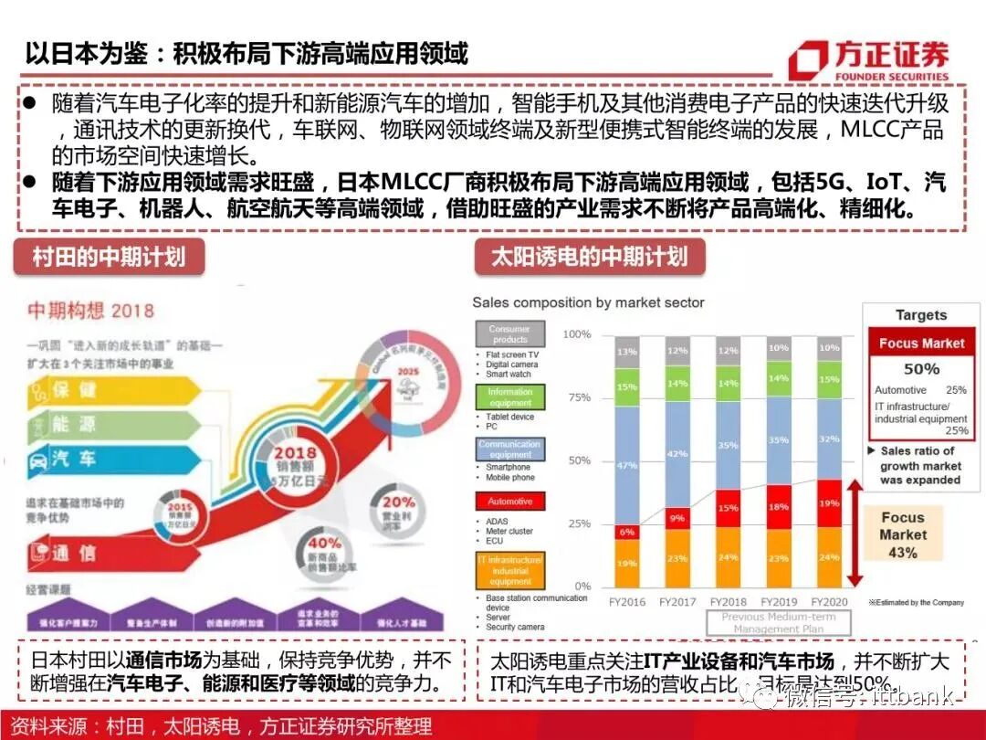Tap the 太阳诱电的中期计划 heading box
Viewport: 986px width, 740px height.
(x=590, y=257)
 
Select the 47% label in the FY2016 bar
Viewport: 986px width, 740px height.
(x=626, y=465)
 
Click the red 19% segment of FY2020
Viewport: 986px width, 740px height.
(x=829, y=503)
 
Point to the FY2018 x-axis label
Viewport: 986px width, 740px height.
(x=727, y=602)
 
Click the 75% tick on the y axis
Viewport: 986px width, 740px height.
(x=579, y=397)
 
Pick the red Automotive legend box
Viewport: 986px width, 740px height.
(x=509, y=502)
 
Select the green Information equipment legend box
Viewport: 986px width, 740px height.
(x=509, y=397)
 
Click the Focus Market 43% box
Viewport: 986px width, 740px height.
(x=902, y=534)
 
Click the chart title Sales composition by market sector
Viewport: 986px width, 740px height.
(x=588, y=302)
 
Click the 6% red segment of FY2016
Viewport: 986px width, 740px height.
(x=626, y=531)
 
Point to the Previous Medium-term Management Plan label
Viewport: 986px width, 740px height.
(x=778, y=623)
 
